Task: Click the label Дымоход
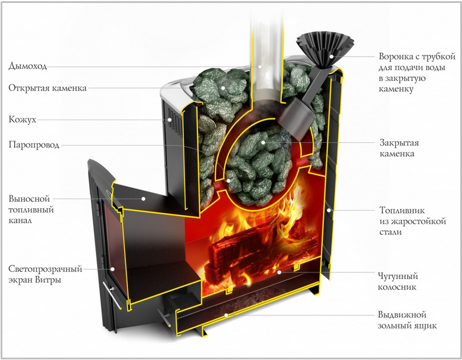point(28,65)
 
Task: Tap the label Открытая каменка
point(48,88)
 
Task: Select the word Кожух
point(23,120)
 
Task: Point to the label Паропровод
point(34,145)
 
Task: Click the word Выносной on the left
point(29,199)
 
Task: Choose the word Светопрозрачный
point(45,269)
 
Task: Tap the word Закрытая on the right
point(399,143)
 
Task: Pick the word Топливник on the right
point(402,210)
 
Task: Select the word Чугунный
point(398,277)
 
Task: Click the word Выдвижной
point(402,315)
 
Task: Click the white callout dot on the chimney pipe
point(260,67)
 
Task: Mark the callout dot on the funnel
point(331,57)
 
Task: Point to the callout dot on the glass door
point(112,269)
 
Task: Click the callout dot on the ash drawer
point(226,315)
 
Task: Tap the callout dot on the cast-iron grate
point(279,272)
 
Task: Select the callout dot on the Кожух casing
point(169,120)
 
